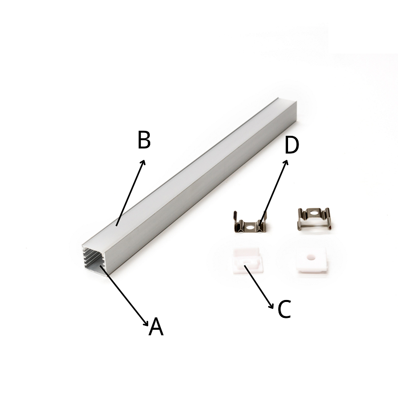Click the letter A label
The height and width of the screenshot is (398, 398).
[x=156, y=327]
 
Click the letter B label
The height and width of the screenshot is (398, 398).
[x=144, y=139]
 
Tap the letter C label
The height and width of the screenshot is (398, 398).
[x=284, y=309]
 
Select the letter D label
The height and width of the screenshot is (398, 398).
[x=292, y=145]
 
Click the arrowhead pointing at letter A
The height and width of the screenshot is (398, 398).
[x=146, y=322]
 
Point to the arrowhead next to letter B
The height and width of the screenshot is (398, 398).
[x=143, y=163]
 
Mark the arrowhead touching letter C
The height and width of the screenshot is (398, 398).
[x=271, y=305]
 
